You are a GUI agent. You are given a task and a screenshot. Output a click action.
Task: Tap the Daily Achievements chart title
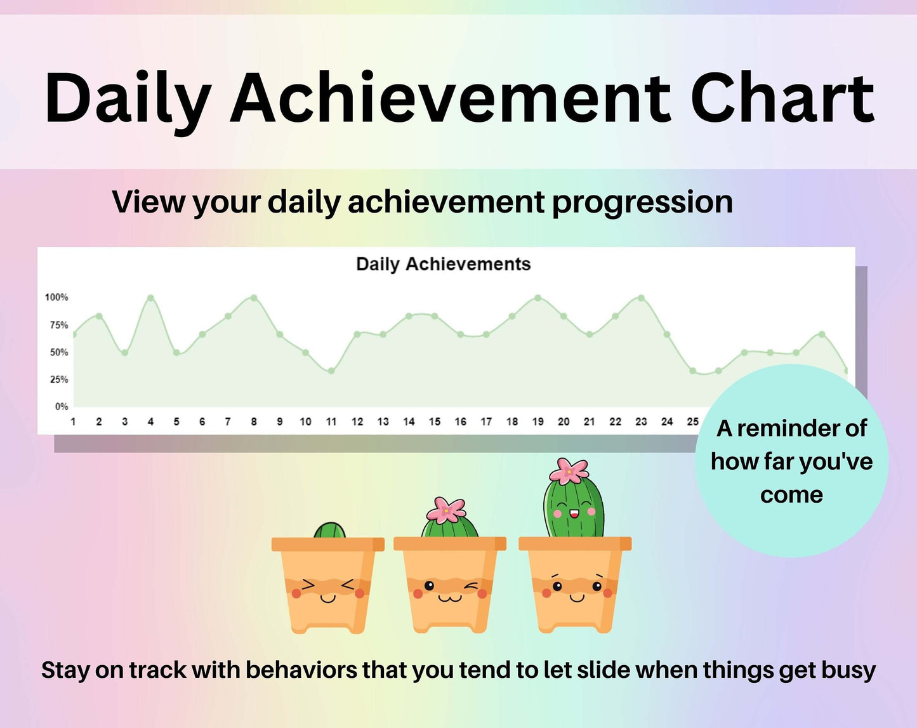click(x=443, y=264)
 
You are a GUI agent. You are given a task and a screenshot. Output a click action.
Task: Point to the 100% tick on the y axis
click(x=56, y=298)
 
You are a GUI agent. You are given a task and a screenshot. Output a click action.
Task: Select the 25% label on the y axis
click(x=59, y=380)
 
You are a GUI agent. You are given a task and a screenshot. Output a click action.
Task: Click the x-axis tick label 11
click(x=331, y=421)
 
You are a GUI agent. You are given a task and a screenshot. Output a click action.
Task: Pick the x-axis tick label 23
click(x=641, y=421)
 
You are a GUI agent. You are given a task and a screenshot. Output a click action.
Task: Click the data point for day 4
click(x=150, y=298)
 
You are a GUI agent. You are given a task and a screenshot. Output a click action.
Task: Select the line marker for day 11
click(x=331, y=371)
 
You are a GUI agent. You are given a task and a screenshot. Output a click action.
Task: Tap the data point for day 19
click(x=538, y=298)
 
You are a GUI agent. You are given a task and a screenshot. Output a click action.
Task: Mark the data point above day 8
click(x=254, y=298)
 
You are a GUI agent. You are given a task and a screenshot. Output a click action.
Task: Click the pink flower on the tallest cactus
click(x=569, y=471)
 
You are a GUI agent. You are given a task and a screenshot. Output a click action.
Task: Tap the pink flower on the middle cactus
click(x=446, y=510)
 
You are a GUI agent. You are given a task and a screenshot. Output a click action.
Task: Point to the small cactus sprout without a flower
click(x=329, y=531)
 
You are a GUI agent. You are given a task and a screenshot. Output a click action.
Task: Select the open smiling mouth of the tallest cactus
click(x=574, y=513)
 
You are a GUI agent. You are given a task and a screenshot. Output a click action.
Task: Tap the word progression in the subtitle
click(x=643, y=202)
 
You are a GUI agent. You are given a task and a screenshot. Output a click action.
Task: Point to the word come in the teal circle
click(x=792, y=495)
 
